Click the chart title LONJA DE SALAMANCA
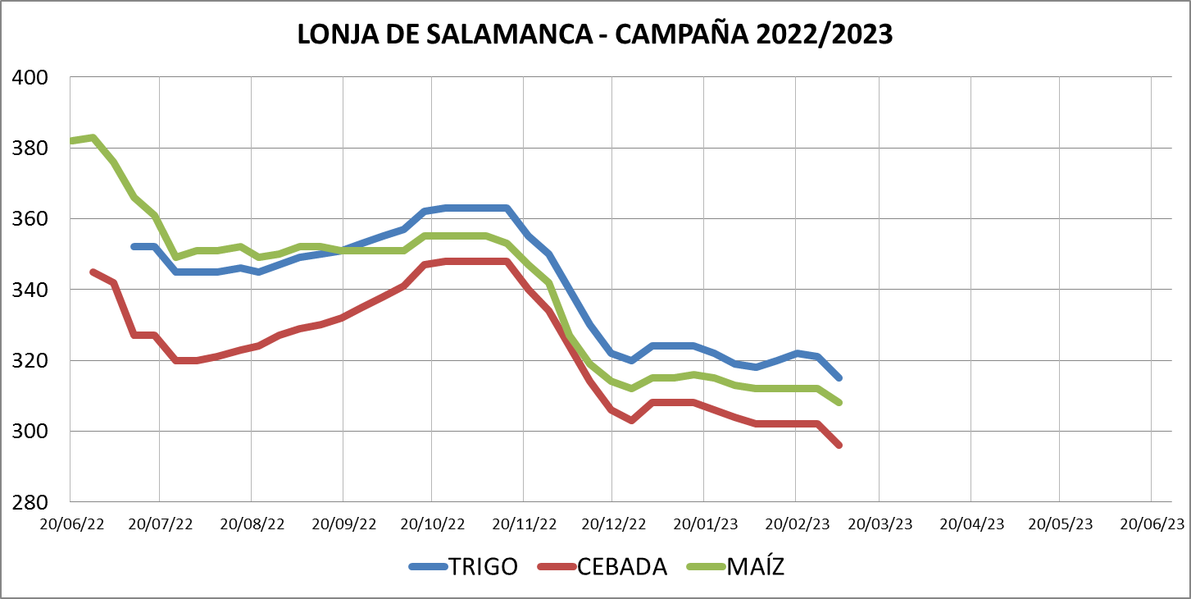pos(594,34)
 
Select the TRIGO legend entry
pos(483,567)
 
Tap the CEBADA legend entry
pos(622,567)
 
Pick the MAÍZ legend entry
pos(755,567)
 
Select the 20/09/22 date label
pos(344,524)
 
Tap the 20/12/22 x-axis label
pos(613,524)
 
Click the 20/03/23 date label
pos(880,524)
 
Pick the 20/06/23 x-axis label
pos(1152,524)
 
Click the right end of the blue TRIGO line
pos(839,377)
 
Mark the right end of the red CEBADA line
pos(839,445)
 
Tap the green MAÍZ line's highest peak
pos(93,138)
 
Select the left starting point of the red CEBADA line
pos(93,272)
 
